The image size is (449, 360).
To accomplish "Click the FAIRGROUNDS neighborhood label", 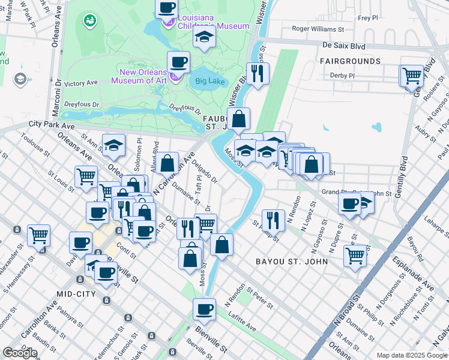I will (350, 61).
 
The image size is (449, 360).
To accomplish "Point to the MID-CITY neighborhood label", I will (77, 293).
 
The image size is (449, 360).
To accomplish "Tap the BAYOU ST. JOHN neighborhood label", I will (292, 262).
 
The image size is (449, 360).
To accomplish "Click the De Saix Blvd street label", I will (344, 45).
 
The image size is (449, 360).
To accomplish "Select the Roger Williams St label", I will (318, 28).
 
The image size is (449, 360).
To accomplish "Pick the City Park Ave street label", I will (52, 126).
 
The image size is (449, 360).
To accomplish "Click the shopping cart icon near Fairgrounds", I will (412, 76).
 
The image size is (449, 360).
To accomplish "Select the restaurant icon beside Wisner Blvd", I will (258, 73).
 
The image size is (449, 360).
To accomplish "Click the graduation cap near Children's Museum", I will (204, 38).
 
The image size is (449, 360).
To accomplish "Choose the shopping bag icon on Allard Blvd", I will (169, 163).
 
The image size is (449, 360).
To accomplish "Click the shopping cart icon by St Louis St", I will (86, 176).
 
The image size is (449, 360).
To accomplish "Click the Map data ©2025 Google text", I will (411, 355).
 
